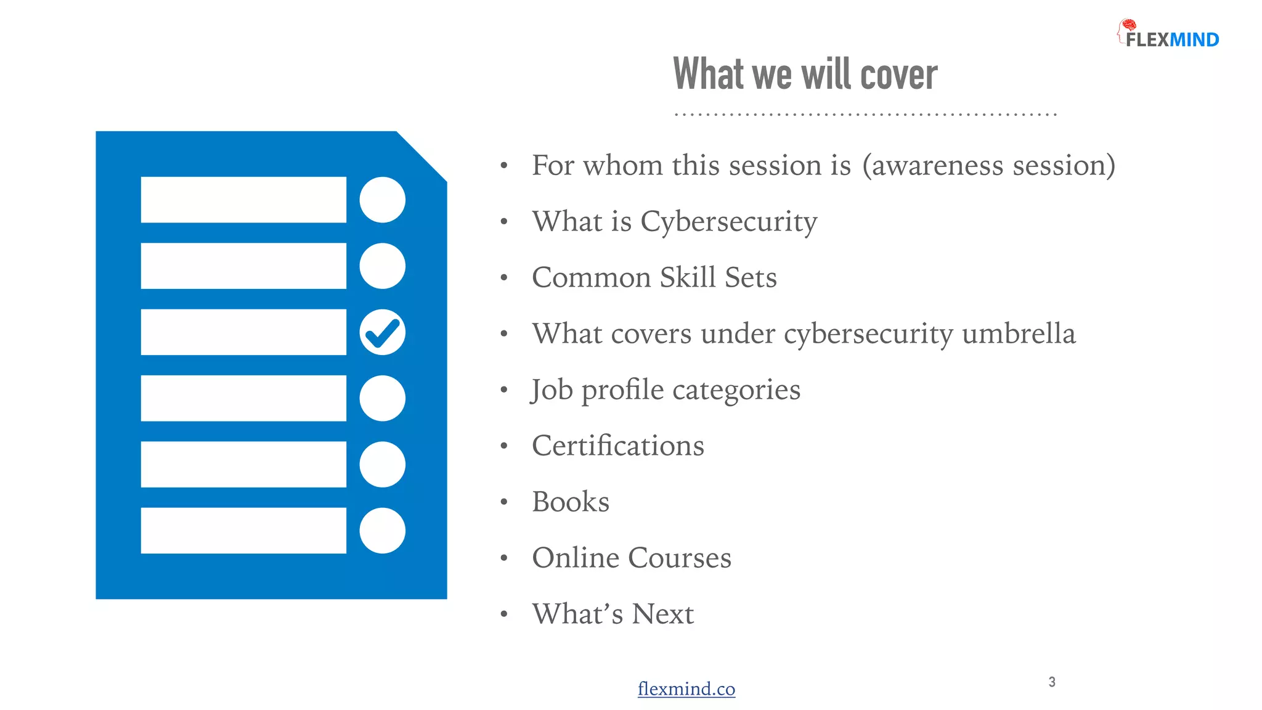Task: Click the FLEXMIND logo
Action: pos(1168,35)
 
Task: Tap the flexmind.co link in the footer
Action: pos(686,688)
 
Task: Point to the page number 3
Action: pos(1052,682)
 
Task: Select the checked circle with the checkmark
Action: pos(382,332)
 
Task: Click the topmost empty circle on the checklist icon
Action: pos(382,200)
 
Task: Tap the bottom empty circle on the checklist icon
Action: pos(382,531)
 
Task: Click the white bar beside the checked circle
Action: pos(243,332)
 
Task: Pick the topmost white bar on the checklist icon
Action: pos(243,200)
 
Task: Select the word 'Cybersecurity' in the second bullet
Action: pos(728,222)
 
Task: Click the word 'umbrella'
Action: pos(1018,333)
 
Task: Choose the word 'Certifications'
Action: pos(617,446)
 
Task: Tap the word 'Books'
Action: pos(571,502)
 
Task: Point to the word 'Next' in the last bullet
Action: pos(662,614)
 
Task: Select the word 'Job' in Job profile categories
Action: pos(552,390)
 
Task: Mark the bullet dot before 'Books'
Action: pos(504,502)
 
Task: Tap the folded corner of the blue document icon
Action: pos(425,154)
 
